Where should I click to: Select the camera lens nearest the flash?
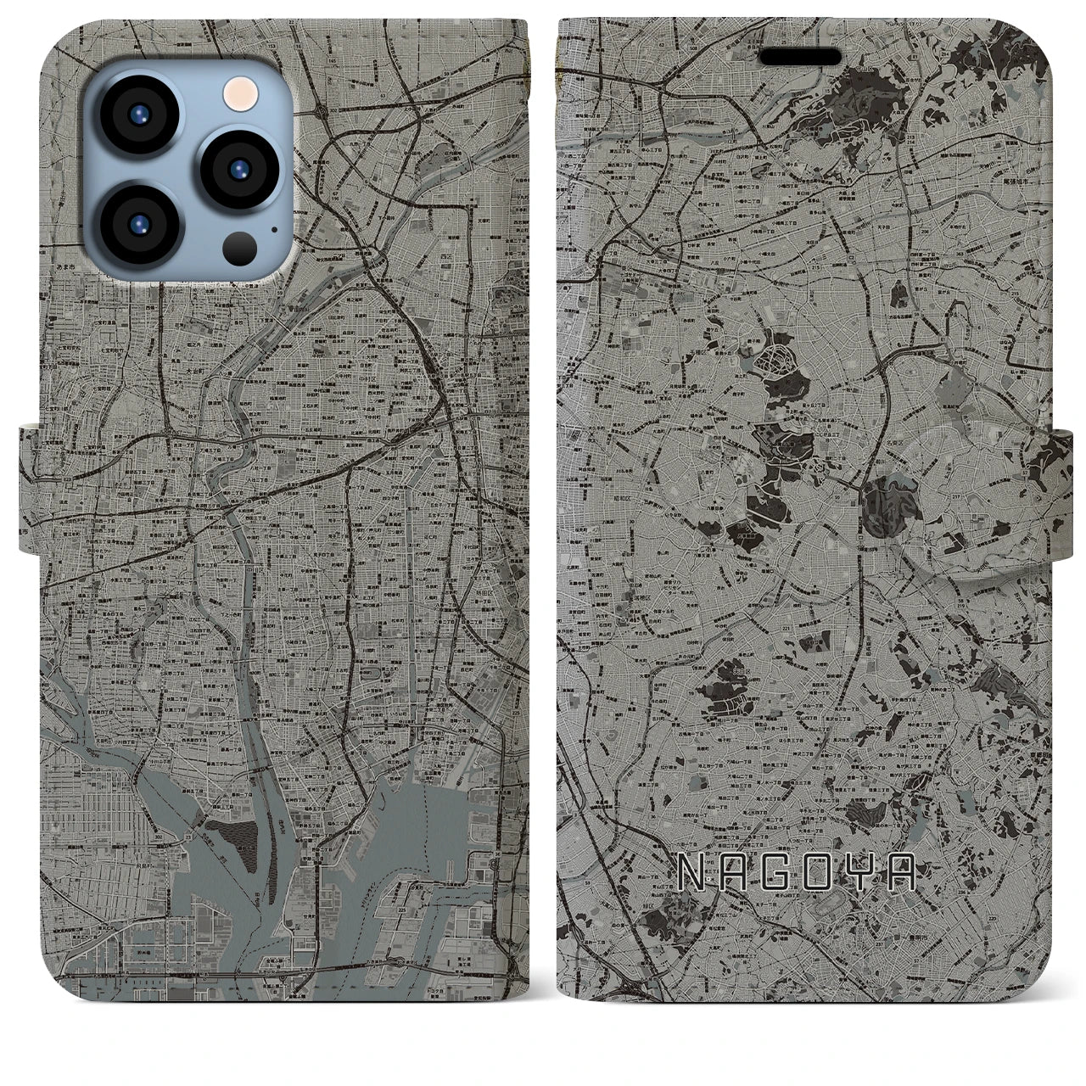[238, 166]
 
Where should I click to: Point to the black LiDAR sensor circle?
[239, 249]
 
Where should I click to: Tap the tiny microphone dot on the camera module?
[273, 227]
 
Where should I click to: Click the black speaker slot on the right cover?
[800, 56]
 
